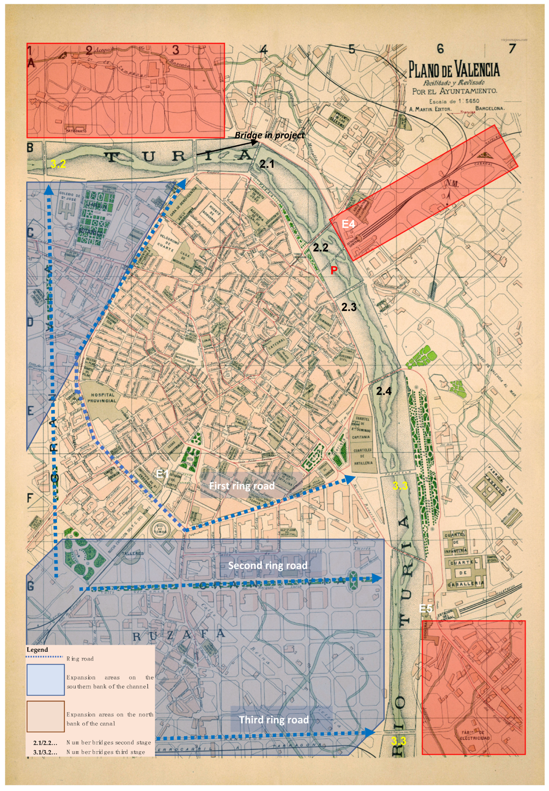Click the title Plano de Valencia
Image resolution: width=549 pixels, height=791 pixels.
pyautogui.click(x=454, y=69)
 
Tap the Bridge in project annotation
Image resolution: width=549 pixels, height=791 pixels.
pyautogui.click(x=269, y=135)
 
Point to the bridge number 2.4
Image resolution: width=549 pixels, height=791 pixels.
pyautogui.click(x=384, y=391)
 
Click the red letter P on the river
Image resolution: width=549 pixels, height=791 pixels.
pyautogui.click(x=333, y=270)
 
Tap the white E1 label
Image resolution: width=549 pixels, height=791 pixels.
pyautogui.click(x=162, y=474)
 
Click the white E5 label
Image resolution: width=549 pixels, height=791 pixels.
pyautogui.click(x=425, y=609)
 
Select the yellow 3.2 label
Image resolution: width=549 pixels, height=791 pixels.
pyautogui.click(x=58, y=164)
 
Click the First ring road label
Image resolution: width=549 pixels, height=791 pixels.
pyautogui.click(x=242, y=486)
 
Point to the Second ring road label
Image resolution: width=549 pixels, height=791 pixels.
pyautogui.click(x=268, y=565)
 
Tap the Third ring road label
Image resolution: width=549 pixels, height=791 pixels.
pyautogui.click(x=274, y=720)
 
